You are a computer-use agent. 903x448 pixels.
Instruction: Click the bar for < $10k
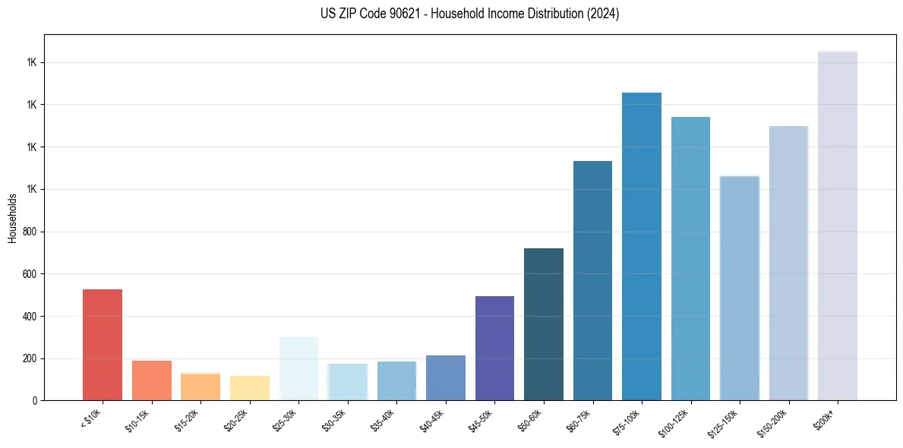click(x=102, y=345)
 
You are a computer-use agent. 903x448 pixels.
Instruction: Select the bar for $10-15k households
click(x=151, y=380)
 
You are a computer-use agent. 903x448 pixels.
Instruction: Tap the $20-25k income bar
click(x=249, y=388)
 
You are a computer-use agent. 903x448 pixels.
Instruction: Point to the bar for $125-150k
click(x=740, y=288)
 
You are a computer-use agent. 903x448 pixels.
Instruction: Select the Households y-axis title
click(x=13, y=218)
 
